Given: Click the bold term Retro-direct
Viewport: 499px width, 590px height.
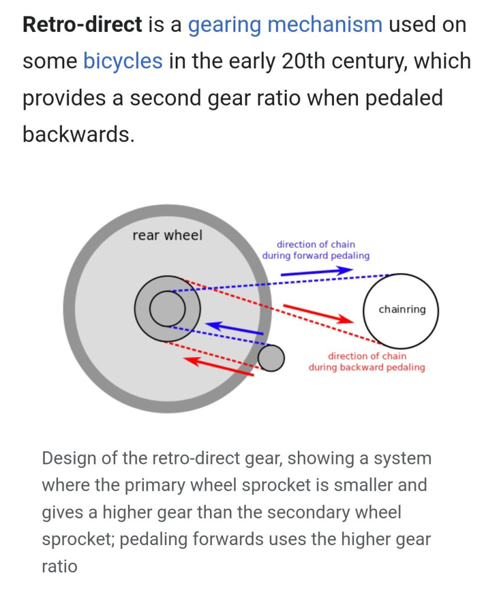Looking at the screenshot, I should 82,25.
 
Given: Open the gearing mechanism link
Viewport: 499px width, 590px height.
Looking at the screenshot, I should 285,25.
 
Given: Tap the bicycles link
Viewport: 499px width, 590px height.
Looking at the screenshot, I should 123,61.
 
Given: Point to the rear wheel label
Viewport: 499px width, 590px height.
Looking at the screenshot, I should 167,235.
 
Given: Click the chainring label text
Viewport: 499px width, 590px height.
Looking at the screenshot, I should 402,309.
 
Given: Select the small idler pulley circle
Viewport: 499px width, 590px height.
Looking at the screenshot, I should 271,358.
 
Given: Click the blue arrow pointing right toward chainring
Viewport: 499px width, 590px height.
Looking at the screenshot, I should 316,271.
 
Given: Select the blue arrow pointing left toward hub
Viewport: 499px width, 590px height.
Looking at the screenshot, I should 234,328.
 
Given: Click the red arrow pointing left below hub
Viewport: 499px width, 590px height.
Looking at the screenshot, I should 218,366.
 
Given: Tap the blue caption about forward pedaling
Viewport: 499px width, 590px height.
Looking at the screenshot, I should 316,250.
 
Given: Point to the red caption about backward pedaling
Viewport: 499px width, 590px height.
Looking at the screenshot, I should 366,362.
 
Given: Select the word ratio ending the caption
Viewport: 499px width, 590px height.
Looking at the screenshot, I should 59,566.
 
